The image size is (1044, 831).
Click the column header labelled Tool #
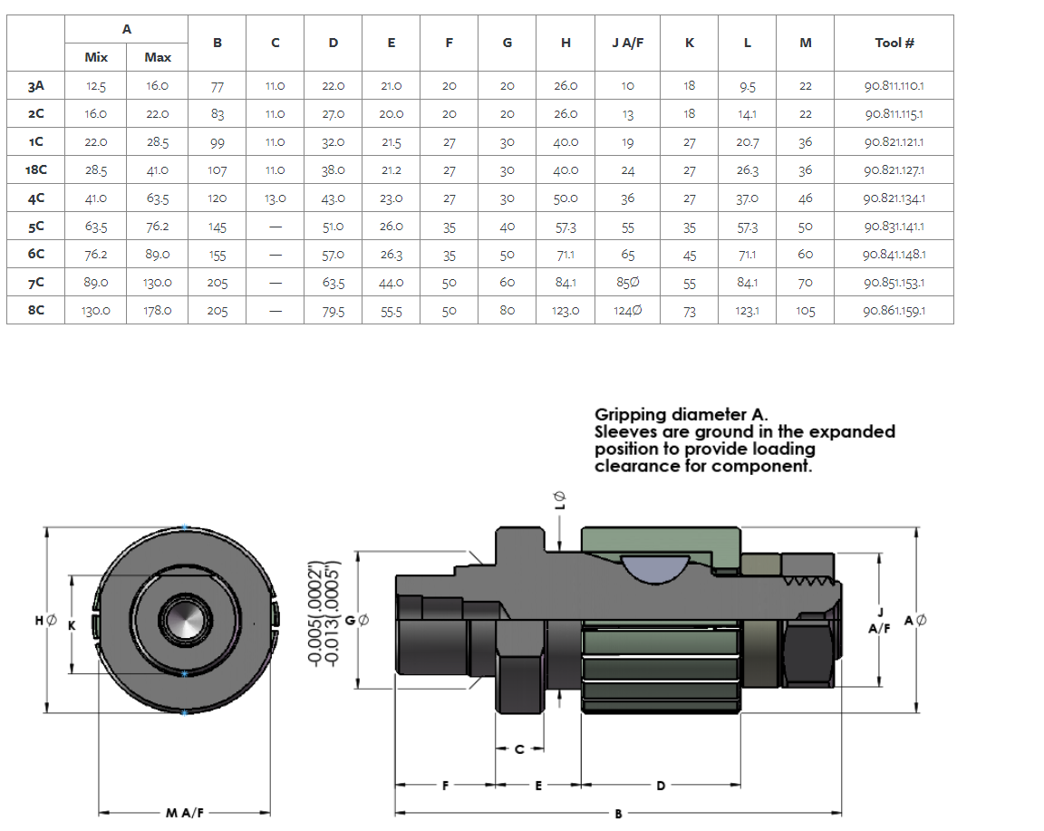tap(894, 43)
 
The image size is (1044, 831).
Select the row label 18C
tap(36, 169)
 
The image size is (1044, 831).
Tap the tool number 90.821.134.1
tap(894, 198)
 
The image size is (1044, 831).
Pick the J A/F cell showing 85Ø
tap(628, 283)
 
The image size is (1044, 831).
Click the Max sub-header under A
tap(158, 57)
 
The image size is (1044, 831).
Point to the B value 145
tap(217, 227)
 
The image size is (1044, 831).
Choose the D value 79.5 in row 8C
tap(333, 311)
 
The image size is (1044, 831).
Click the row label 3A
tap(36, 86)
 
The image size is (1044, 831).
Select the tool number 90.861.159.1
tap(894, 311)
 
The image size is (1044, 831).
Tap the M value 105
tap(806, 311)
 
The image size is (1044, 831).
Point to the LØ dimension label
tap(559, 499)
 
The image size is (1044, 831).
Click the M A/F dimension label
tap(185, 813)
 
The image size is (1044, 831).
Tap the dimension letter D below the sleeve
tap(660, 786)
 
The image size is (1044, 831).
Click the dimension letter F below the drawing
tap(445, 786)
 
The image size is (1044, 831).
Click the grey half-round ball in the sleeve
tap(655, 566)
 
